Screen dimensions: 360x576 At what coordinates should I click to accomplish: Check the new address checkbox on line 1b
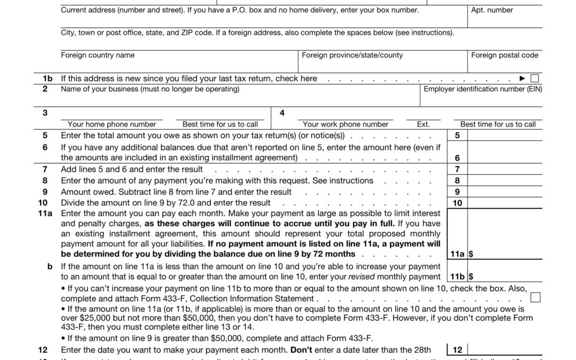[x=534, y=78]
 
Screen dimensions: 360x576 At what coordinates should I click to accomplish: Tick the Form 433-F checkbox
[x=535, y=297]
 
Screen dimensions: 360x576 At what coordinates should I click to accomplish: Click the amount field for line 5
[x=505, y=135]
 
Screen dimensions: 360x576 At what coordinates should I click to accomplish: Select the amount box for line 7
[x=505, y=169]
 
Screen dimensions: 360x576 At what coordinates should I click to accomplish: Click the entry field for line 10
[x=505, y=203]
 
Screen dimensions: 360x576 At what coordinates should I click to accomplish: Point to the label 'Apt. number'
[x=492, y=10]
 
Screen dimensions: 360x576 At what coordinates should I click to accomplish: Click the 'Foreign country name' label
[x=98, y=55]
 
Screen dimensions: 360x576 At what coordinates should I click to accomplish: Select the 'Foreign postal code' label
[x=505, y=55]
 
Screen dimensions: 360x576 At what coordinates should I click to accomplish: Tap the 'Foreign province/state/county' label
[x=352, y=55]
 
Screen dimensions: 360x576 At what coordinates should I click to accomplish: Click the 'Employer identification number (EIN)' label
[x=483, y=89]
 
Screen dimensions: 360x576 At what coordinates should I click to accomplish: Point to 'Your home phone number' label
[x=112, y=124]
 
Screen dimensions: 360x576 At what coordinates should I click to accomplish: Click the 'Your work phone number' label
[x=346, y=124]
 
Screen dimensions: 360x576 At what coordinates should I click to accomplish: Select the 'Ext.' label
[x=423, y=124]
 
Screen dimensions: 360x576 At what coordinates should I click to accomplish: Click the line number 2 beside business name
[x=45, y=89]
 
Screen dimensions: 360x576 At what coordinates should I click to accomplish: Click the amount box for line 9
[x=505, y=191]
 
